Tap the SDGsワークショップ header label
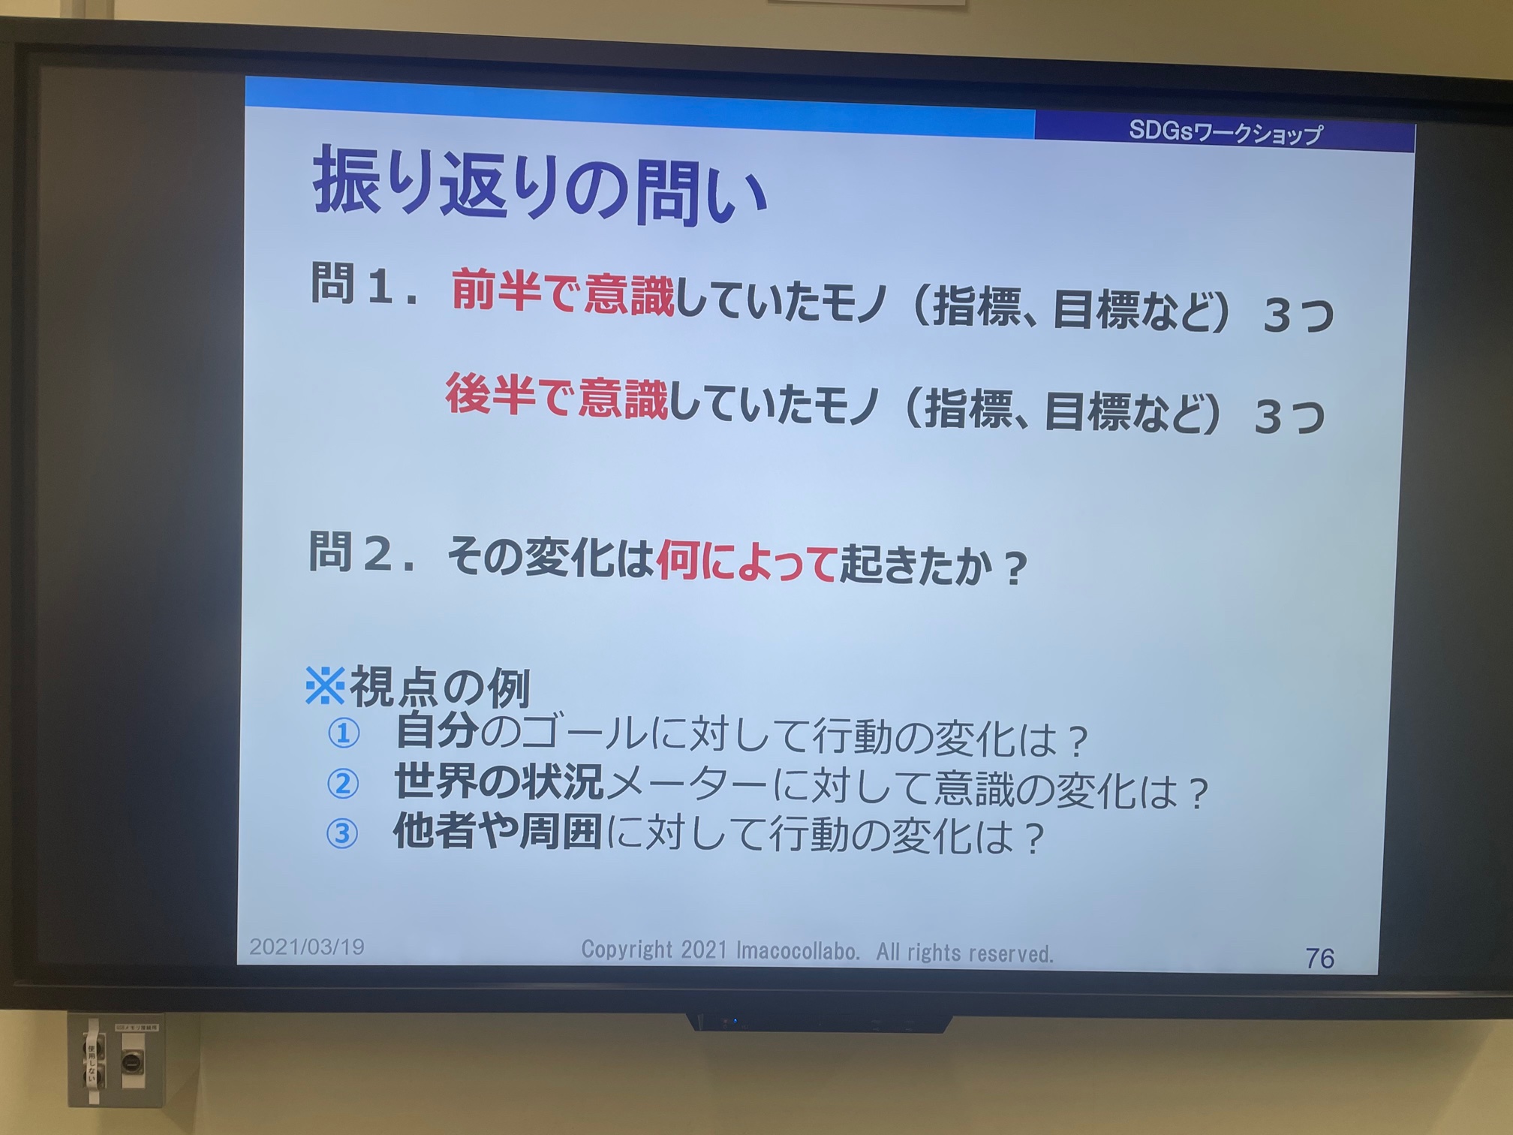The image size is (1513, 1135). [1226, 132]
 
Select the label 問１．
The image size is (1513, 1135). [364, 285]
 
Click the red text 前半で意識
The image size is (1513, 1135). [563, 291]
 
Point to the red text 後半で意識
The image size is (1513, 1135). [556, 395]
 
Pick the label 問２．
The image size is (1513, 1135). [362, 553]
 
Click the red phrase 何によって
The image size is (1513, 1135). [747, 561]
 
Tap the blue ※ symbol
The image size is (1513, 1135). [325, 685]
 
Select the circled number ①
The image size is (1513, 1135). [344, 733]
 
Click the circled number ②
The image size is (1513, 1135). [343, 783]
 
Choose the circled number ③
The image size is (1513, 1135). [341, 833]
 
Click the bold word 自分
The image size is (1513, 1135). [436, 730]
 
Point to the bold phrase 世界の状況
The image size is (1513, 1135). [499, 781]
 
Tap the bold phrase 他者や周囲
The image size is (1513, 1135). [498, 831]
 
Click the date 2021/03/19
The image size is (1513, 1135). [307, 947]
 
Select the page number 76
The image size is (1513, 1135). [1319, 959]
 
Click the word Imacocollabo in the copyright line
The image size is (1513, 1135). [798, 951]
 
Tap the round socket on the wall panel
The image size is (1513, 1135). [131, 1062]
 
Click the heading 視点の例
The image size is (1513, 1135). [441, 687]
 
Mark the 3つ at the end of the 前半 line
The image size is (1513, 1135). [1299, 315]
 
